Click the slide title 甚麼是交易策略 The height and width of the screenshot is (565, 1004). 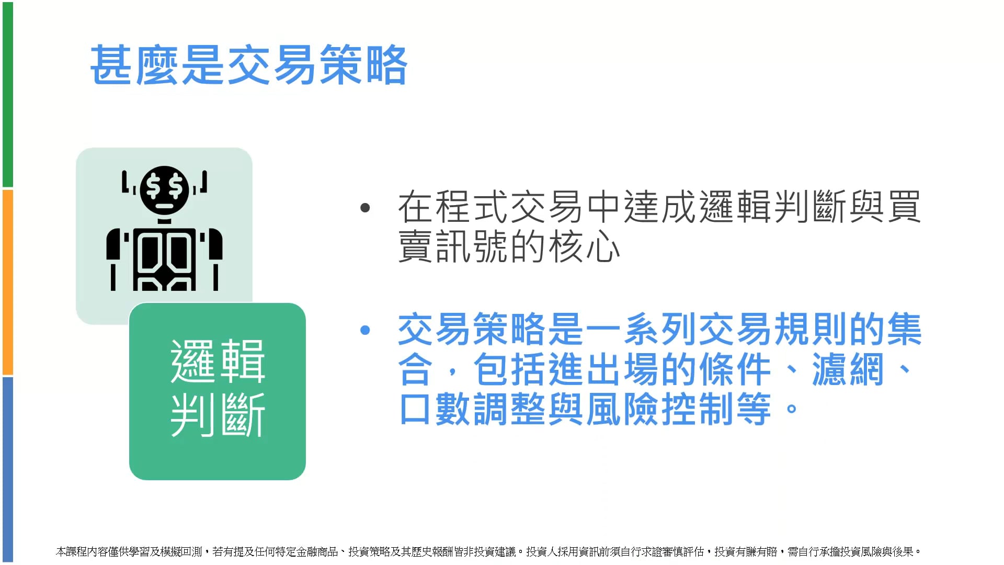click(249, 65)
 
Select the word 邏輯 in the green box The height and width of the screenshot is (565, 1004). click(218, 361)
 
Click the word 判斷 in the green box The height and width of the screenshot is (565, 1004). click(218, 415)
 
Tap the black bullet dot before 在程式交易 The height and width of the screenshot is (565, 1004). click(365, 208)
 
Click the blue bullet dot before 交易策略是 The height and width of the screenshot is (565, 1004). click(365, 330)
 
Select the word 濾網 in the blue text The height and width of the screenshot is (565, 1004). click(848, 369)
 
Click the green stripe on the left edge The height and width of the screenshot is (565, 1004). click(7, 94)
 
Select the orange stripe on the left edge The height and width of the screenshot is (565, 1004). click(7, 282)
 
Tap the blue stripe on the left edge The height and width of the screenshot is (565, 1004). click(7, 470)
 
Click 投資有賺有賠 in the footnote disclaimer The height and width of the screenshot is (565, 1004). click(746, 552)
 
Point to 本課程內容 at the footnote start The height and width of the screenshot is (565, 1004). click(82, 552)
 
